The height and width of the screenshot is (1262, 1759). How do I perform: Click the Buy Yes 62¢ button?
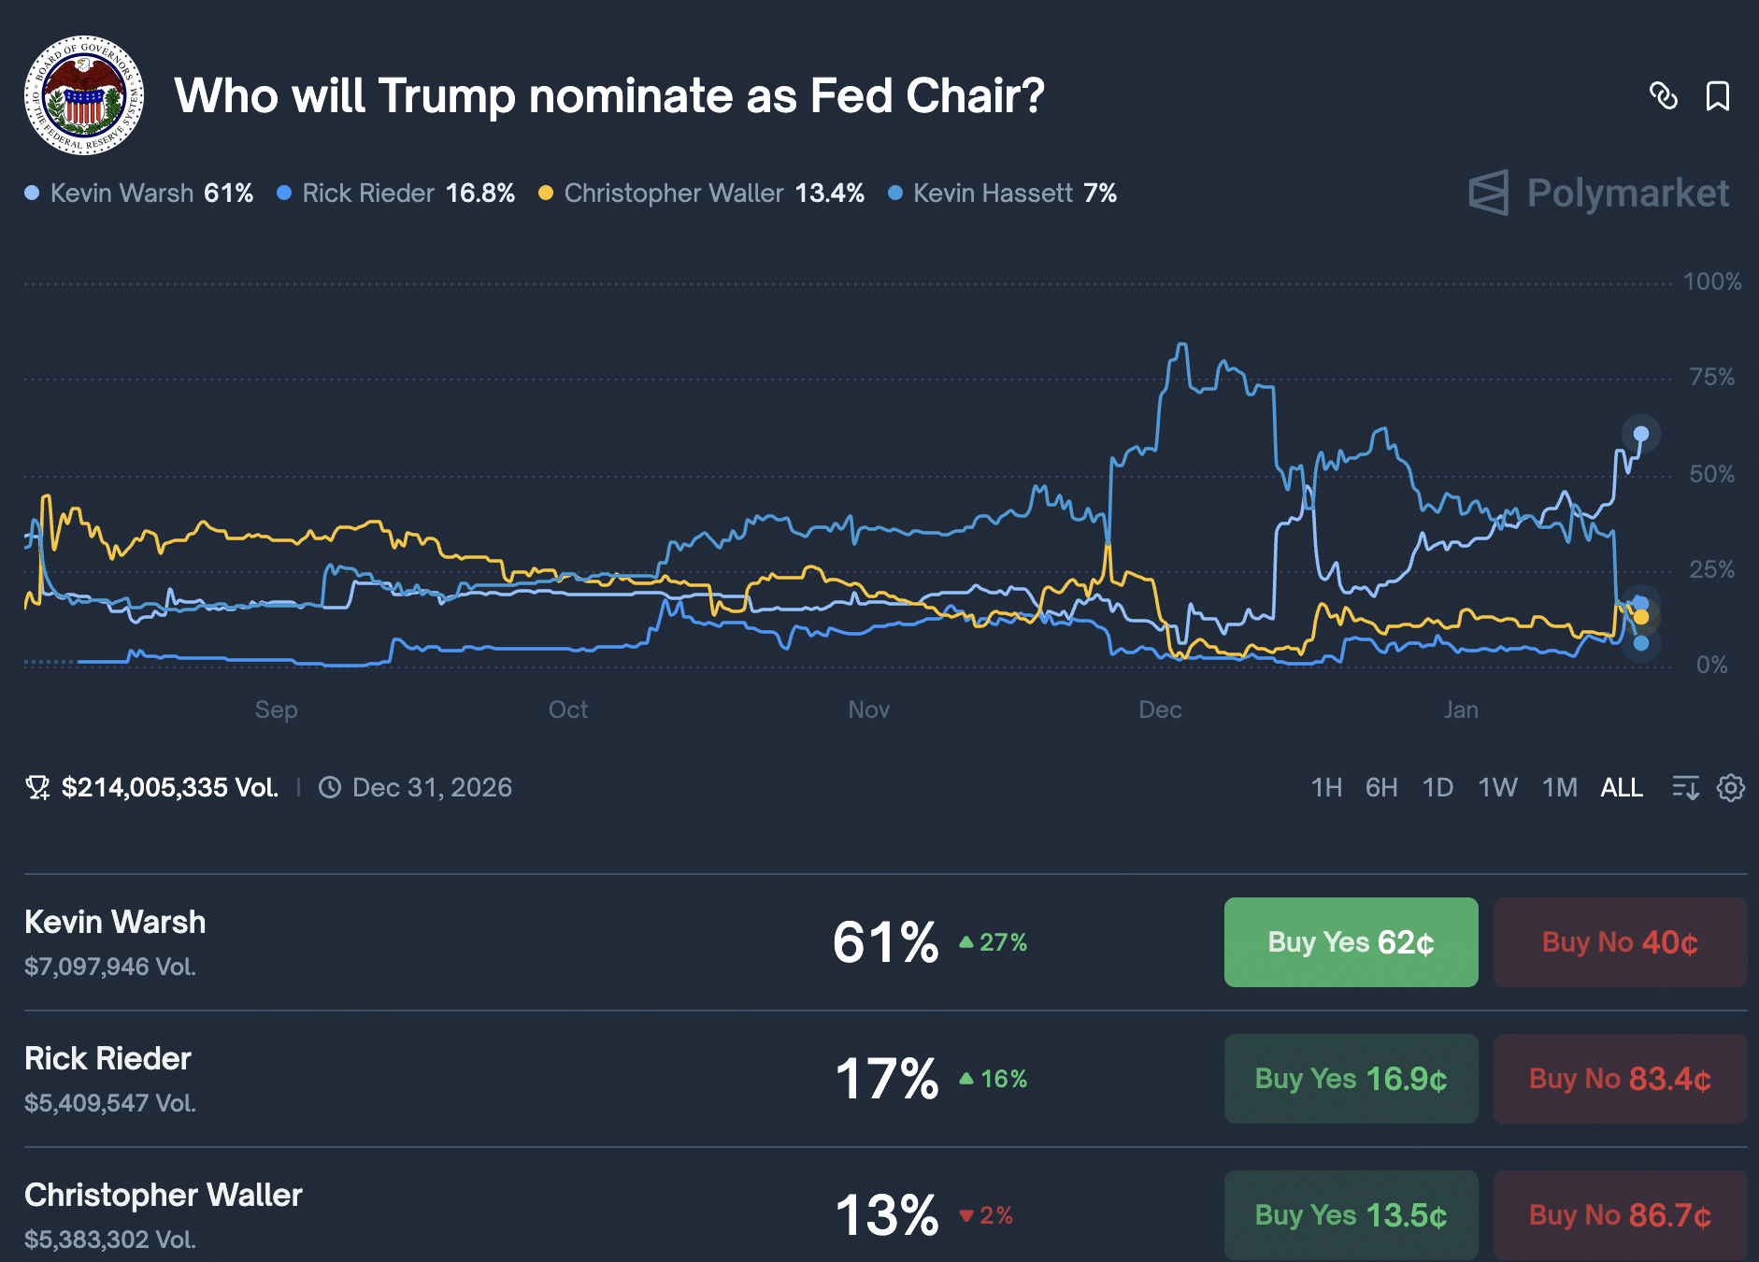[x=1351, y=942]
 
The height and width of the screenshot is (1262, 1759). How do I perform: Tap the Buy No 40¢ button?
[x=1619, y=942]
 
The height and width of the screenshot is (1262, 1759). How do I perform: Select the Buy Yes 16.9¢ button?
[x=1351, y=1079]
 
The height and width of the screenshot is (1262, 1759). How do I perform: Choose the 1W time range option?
[x=1497, y=788]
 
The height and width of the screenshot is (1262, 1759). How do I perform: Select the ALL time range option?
[x=1621, y=788]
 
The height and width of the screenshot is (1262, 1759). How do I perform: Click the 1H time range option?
[x=1326, y=788]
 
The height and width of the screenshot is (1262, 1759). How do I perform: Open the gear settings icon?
[x=1730, y=788]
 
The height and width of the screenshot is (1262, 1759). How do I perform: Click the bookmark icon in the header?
[x=1717, y=96]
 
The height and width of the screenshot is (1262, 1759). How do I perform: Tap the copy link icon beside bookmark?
[x=1664, y=96]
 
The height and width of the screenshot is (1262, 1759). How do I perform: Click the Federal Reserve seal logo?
[x=84, y=95]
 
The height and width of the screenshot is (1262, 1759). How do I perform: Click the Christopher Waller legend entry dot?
[x=546, y=194]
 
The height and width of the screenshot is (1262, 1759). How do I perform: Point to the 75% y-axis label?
[x=1711, y=378]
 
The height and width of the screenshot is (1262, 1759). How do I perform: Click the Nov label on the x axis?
[x=868, y=710]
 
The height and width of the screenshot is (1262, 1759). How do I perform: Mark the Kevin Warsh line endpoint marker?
[x=1640, y=434]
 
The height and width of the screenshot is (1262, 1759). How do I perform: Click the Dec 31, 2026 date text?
[x=432, y=788]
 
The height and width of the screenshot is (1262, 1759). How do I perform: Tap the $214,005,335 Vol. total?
[x=169, y=788]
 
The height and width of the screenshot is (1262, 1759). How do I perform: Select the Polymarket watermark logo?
[x=1598, y=194]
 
